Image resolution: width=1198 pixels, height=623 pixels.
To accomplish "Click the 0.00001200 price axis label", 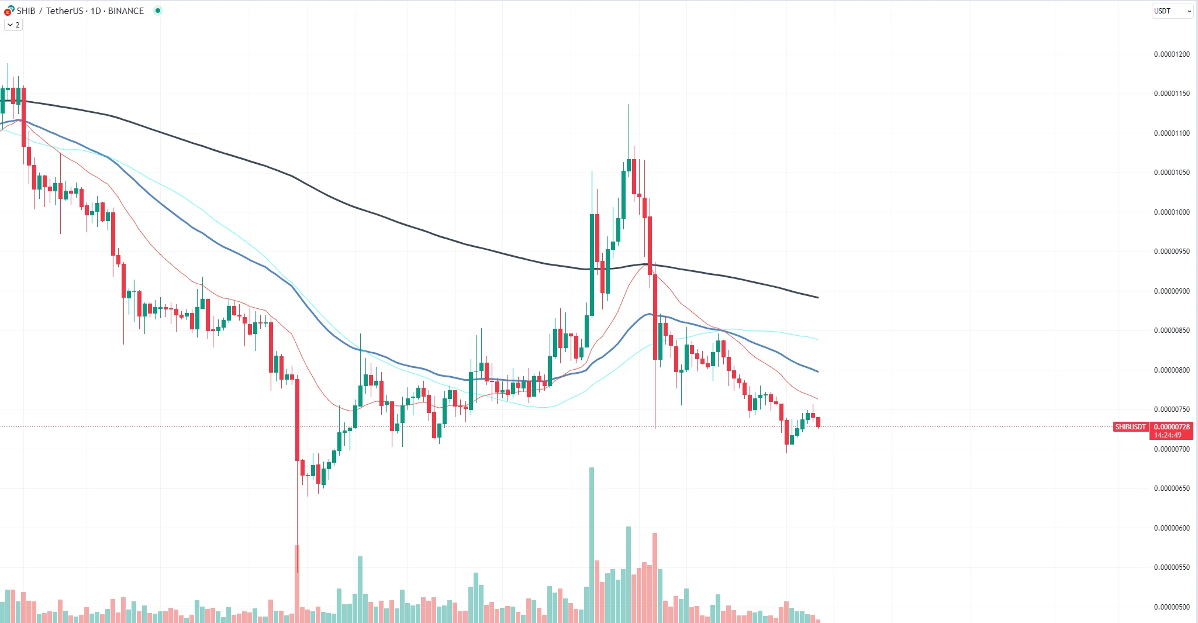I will tap(1171, 54).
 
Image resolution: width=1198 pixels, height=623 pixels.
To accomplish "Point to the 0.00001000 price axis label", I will tap(1171, 212).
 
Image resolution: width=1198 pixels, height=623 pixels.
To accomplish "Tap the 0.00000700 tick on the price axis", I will tap(1171, 449).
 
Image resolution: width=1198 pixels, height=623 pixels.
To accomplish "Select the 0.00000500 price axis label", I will tap(1171, 607).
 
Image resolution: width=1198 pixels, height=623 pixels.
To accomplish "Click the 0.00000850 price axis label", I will tap(1171, 331).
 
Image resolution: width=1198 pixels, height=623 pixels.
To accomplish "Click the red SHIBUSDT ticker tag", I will tap(1130, 427).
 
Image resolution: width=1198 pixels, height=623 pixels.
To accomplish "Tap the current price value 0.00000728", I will tap(1171, 427).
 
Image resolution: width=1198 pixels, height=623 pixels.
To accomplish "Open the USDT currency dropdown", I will tap(1172, 11).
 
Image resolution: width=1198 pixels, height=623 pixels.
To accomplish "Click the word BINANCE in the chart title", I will tap(126, 11).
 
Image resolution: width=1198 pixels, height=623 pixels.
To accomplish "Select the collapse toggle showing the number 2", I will tap(13, 25).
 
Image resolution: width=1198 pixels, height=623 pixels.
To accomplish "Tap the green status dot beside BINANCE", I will tap(158, 11).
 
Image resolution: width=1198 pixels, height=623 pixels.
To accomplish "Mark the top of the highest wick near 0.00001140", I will tap(629, 105).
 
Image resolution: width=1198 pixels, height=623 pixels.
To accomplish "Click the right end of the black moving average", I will tap(817, 298).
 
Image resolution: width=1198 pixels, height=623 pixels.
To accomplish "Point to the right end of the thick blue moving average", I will tap(817, 371).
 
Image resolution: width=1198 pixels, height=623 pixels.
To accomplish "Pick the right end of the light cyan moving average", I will tap(817, 339).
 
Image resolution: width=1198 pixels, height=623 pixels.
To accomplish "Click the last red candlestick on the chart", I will tap(819, 422).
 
